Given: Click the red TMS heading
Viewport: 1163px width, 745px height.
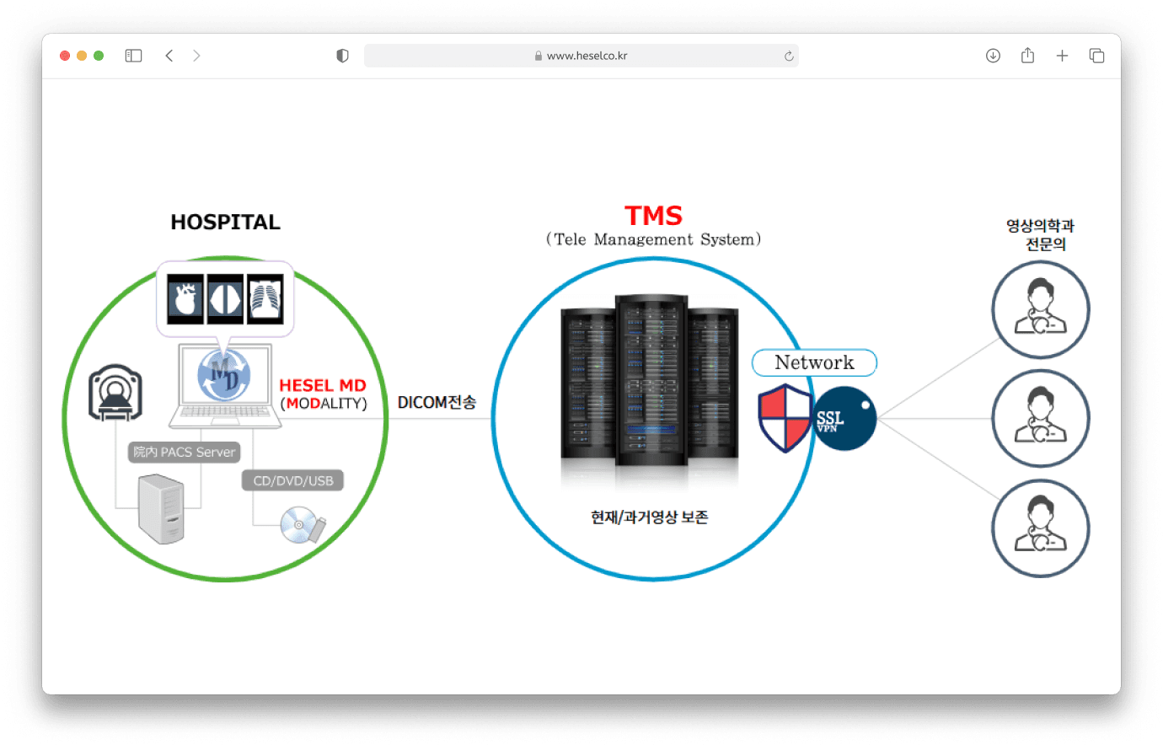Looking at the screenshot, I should (x=653, y=216).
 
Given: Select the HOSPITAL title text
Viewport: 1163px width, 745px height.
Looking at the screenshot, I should (x=225, y=222).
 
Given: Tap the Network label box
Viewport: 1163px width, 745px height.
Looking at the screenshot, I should (x=814, y=362).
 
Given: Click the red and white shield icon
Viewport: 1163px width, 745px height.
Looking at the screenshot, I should (x=785, y=418).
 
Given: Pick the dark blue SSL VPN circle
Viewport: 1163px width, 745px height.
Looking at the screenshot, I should (x=845, y=419).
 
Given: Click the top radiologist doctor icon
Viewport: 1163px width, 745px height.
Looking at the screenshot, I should (x=1040, y=309).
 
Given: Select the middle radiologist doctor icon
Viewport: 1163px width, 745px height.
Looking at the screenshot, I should (x=1040, y=419).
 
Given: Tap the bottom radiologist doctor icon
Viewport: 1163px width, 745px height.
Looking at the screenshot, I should (x=1040, y=528).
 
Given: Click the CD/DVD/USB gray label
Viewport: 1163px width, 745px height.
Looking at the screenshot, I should (x=293, y=481).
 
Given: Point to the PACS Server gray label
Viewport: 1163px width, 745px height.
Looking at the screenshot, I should (x=185, y=453).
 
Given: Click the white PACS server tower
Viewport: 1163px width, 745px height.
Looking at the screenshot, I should (x=161, y=509).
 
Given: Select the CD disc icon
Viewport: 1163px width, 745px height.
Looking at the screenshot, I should (x=298, y=525).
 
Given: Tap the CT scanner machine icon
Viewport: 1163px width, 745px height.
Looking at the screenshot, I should (x=115, y=393).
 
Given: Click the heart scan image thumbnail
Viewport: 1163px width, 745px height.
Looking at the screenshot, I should (x=185, y=299).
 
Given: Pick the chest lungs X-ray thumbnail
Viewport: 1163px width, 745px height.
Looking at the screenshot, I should (x=265, y=299).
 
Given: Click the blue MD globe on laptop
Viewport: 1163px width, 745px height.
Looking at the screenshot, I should (x=223, y=375).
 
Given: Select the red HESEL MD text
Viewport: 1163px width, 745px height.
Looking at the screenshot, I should (x=323, y=385).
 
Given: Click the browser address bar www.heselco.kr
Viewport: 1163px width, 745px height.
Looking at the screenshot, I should (x=581, y=56).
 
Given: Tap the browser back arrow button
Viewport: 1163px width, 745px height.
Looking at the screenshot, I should (x=169, y=56).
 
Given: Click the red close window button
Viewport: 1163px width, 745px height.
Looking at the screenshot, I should (x=65, y=56).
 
